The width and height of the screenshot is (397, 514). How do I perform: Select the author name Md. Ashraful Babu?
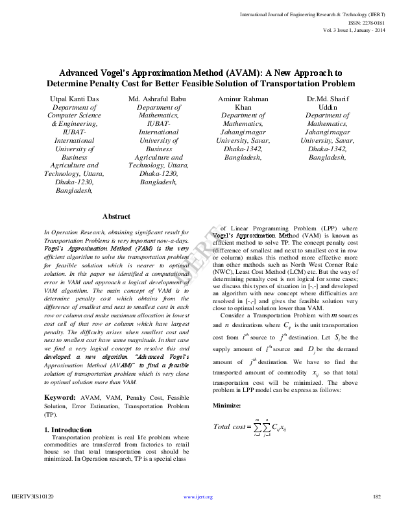[154, 98]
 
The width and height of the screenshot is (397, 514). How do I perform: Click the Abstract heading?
[116, 216]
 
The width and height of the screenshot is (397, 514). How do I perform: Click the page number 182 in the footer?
[376, 497]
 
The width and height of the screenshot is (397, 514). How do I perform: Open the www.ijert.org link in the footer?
[198, 497]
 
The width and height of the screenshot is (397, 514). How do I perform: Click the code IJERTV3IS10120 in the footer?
[33, 497]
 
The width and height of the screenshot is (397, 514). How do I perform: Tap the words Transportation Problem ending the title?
[302, 84]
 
